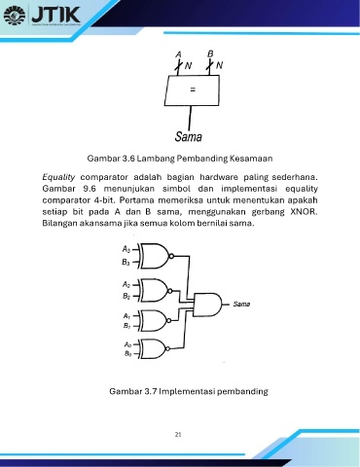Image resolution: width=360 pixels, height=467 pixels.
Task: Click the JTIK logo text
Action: (55, 15)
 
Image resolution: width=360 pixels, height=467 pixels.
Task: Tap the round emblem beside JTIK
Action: (15, 15)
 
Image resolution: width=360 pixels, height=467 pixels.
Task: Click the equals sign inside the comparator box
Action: (193, 90)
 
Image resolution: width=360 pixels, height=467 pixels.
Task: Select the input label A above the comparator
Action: (178, 54)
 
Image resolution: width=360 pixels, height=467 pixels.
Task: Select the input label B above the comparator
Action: (210, 54)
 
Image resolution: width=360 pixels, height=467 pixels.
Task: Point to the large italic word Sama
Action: (188, 136)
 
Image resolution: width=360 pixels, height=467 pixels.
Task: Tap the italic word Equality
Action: (58, 177)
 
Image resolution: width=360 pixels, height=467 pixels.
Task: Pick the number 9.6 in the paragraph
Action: (90, 189)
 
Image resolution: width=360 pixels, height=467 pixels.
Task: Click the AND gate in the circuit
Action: (207, 305)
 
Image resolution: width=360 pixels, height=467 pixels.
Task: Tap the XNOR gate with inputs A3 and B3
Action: (155, 256)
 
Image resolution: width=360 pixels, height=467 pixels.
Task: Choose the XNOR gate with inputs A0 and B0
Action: (154, 348)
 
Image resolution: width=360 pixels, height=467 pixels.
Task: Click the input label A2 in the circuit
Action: (126, 284)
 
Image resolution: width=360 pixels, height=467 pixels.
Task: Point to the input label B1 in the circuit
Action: (126, 326)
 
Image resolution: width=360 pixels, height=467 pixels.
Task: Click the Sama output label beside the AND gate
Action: (241, 305)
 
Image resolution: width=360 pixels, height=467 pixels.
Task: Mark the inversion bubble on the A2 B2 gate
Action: (169, 291)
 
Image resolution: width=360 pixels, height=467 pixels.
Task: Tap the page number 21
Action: (178, 435)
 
